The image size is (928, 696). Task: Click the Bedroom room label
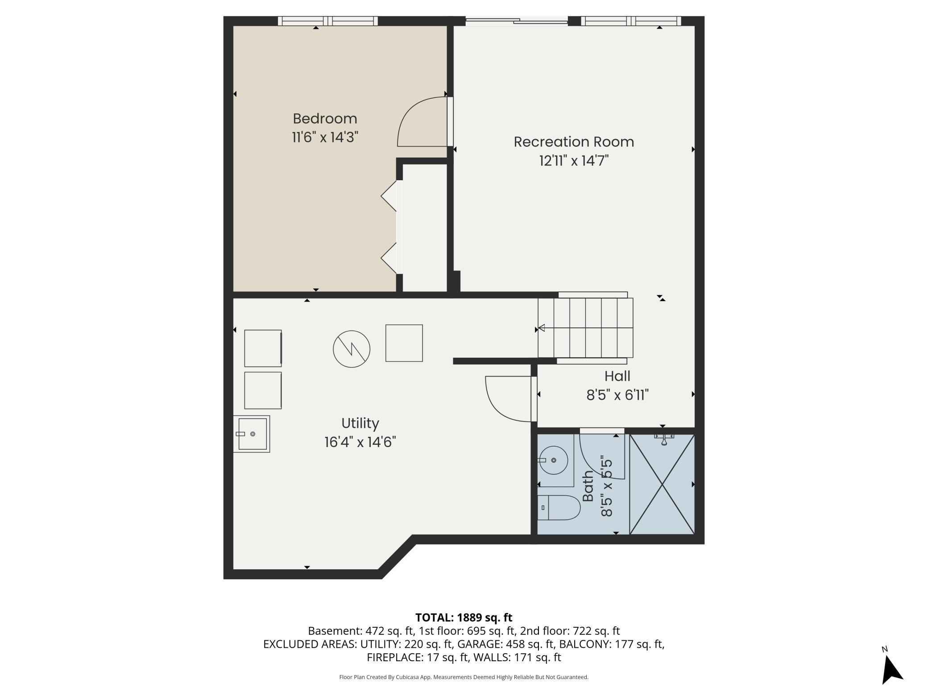pyautogui.click(x=325, y=119)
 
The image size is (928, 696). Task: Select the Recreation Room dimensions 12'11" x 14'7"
pyautogui.click(x=573, y=161)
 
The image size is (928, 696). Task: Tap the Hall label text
pyautogui.click(x=617, y=376)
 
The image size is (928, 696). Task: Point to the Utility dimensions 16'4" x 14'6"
pyautogui.click(x=360, y=442)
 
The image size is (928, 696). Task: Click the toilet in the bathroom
pyautogui.click(x=558, y=507)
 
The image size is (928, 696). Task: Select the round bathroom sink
pyautogui.click(x=554, y=460)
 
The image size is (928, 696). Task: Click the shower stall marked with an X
pyautogui.click(x=662, y=484)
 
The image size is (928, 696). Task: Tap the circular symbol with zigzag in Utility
pyautogui.click(x=352, y=349)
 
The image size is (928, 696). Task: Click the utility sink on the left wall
pyautogui.click(x=252, y=434)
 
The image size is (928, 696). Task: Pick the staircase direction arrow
pyautogui.click(x=542, y=328)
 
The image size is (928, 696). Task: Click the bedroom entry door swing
pyautogui.click(x=422, y=123)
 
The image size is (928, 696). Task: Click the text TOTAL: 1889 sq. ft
pyautogui.click(x=464, y=617)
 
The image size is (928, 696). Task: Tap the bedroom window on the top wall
pyautogui.click(x=328, y=21)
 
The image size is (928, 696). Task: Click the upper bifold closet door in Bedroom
pyautogui.click(x=389, y=195)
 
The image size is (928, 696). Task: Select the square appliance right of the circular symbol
pyautogui.click(x=404, y=343)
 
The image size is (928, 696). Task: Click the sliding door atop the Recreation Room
pyautogui.click(x=517, y=20)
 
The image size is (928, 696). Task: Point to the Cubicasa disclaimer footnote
pyautogui.click(x=464, y=677)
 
